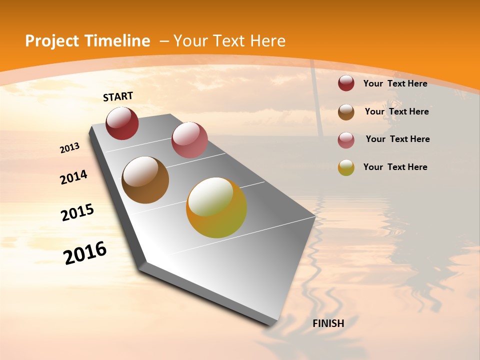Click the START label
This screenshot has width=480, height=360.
click(118, 96)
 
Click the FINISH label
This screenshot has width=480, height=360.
click(328, 323)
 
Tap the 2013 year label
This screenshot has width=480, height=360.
click(69, 148)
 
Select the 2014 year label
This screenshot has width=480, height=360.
click(73, 177)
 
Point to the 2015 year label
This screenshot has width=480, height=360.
click(77, 212)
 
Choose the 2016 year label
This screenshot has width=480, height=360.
click(85, 252)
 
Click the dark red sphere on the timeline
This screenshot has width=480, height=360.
click(122, 123)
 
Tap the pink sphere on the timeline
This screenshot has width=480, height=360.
click(189, 140)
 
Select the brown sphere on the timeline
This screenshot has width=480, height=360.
click(145, 180)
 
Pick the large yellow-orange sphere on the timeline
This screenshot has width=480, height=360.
click(216, 207)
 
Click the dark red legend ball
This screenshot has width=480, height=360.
click(346, 83)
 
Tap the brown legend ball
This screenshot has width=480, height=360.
click(346, 111)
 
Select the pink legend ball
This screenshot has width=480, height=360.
click(346, 139)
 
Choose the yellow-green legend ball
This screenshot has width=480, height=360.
click(346, 167)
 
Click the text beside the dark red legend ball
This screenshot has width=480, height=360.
click(395, 83)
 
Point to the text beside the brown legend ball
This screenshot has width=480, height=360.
click(396, 111)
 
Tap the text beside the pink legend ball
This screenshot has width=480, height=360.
click(397, 139)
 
